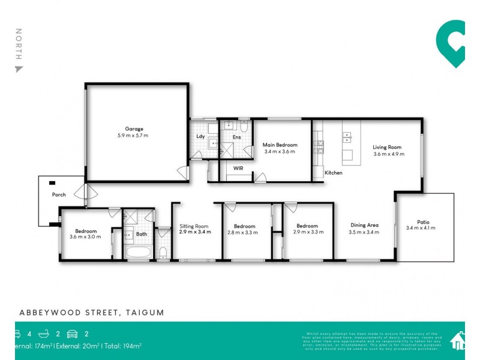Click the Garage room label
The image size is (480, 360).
[134, 129]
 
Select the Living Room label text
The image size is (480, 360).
[387, 147]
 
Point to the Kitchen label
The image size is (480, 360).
[334, 173]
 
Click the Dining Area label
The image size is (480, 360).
[364, 226]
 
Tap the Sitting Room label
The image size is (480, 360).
[194, 226]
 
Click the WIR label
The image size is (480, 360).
[238, 169]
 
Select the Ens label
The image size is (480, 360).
[236, 137]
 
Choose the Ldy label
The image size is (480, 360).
[201, 136]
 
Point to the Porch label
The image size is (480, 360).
[59, 195]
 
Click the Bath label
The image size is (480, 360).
[142, 234]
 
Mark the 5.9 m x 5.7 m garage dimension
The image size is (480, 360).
[134, 136]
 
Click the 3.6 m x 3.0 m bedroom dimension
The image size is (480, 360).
[85, 237]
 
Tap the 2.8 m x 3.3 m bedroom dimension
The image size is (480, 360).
[242, 232]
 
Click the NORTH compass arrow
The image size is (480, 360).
[19, 69]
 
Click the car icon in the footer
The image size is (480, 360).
[73, 334]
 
